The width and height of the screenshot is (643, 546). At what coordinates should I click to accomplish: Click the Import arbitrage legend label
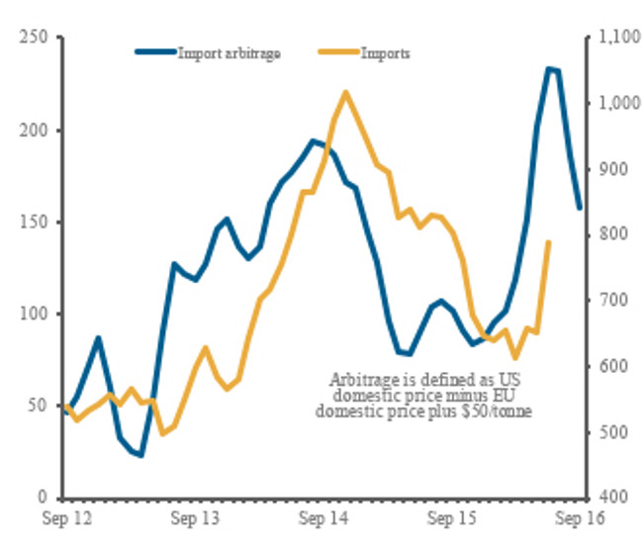coord(229,52)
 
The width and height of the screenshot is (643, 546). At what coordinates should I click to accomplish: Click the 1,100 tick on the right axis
coord(612,38)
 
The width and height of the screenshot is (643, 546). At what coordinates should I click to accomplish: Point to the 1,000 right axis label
coord(612,103)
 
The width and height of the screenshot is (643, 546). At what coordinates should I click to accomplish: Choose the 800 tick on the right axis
coord(607,234)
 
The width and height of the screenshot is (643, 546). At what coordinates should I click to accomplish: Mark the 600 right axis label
coord(607,366)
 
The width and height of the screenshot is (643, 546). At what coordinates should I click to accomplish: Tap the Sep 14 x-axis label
coord(321,518)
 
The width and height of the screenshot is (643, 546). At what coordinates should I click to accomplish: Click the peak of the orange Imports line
coord(345,92)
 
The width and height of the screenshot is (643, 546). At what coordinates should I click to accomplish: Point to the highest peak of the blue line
coord(549,68)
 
